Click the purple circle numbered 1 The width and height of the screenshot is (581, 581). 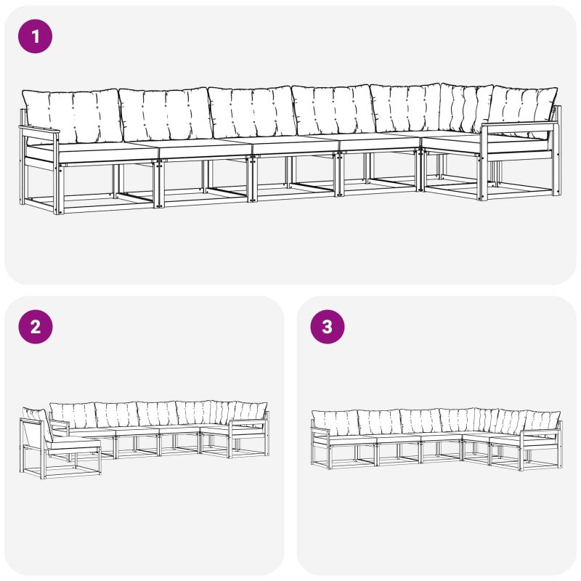(35, 36)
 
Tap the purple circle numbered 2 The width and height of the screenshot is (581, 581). (35, 327)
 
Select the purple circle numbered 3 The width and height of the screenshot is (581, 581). (328, 327)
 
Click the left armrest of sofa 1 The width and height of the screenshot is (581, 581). (39, 130)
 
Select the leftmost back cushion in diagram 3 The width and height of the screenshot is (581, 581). (336, 423)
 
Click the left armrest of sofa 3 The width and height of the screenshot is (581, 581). (320, 430)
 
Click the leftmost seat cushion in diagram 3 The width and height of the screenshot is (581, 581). (352, 439)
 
